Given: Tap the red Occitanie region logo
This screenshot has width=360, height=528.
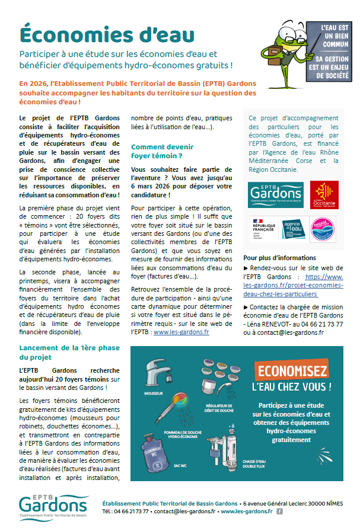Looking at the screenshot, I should point(324,195).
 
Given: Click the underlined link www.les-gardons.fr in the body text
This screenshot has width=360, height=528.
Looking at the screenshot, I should point(181,332).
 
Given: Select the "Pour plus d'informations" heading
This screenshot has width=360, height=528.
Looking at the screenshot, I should point(279,258).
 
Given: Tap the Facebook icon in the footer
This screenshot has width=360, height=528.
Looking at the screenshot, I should point(279,511).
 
